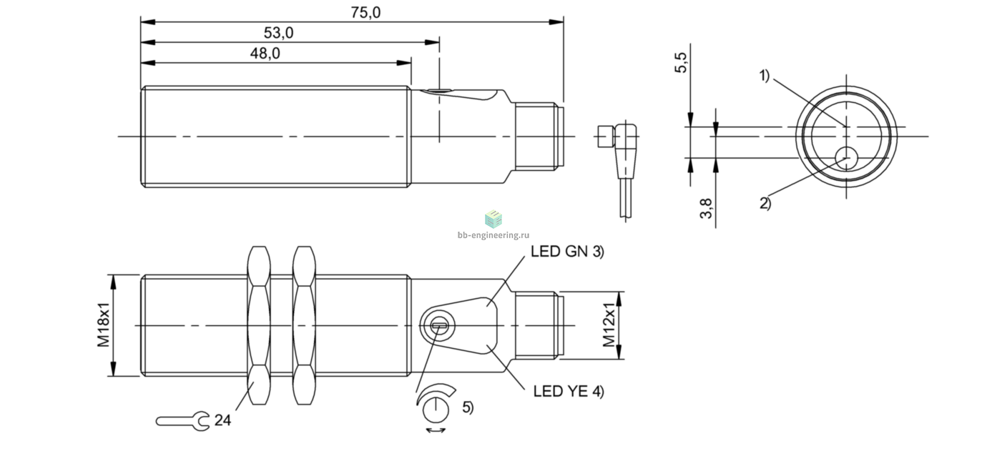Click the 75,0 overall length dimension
(x=365, y=12)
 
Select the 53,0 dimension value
(x=278, y=33)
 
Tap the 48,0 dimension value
(x=265, y=54)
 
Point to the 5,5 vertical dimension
(x=681, y=62)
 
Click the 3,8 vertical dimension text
(x=706, y=208)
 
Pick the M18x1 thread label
(x=104, y=325)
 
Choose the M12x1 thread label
(x=609, y=325)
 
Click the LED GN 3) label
(x=568, y=252)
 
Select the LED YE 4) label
(x=569, y=391)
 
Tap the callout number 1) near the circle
(x=764, y=75)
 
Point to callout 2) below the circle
(x=765, y=203)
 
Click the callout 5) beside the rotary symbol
(x=468, y=407)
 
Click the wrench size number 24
(x=222, y=420)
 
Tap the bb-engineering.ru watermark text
(x=493, y=235)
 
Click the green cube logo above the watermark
(x=493, y=219)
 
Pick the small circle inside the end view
(x=846, y=158)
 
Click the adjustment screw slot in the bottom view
(x=440, y=325)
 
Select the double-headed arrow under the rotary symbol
(x=436, y=430)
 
